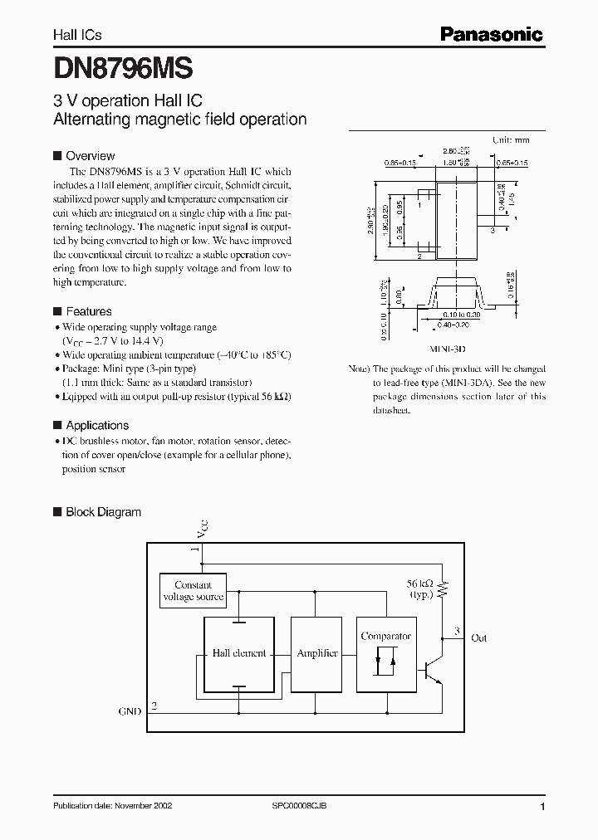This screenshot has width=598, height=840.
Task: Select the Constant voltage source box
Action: click(x=193, y=591)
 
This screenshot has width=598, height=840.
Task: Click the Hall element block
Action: click(x=239, y=653)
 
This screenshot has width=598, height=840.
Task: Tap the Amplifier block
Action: click(x=317, y=653)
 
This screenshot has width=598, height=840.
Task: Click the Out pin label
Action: click(x=478, y=638)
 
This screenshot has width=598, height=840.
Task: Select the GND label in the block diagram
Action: click(x=130, y=711)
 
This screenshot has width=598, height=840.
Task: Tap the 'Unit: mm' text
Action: click(x=511, y=140)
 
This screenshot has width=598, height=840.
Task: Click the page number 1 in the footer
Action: click(x=542, y=807)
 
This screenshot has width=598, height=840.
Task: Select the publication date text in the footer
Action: click(x=113, y=806)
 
